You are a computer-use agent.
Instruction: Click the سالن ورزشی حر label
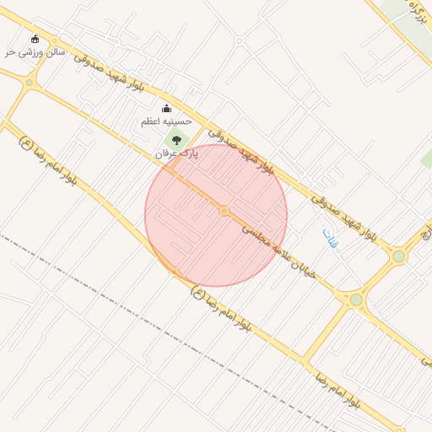click(34, 52)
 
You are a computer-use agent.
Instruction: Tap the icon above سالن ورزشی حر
click(35, 39)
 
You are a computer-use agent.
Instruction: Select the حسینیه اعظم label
click(166, 122)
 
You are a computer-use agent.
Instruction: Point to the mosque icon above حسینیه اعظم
click(166, 108)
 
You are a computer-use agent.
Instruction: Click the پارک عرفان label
click(176, 154)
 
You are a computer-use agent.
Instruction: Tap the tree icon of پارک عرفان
click(176, 140)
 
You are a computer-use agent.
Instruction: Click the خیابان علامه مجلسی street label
click(279, 251)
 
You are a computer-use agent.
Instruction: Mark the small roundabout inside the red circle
click(224, 210)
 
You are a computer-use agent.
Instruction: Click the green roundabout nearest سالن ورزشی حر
click(30, 83)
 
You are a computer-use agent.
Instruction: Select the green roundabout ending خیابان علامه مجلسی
click(356, 300)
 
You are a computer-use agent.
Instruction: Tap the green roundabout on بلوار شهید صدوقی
click(398, 256)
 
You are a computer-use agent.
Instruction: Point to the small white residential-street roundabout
click(239, 40)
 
